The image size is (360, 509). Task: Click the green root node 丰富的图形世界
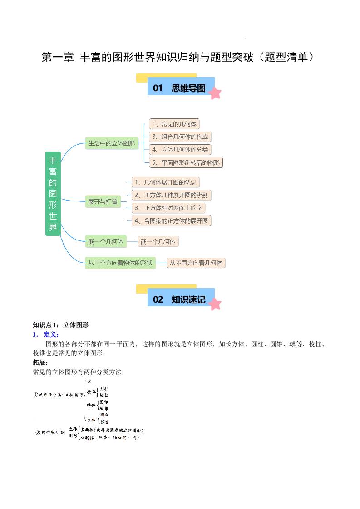(x=53, y=193)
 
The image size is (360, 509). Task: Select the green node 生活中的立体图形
(x=111, y=143)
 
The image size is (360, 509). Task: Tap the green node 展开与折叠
(x=103, y=201)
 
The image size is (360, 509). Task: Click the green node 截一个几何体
(x=105, y=241)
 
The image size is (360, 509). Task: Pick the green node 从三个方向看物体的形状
(x=120, y=263)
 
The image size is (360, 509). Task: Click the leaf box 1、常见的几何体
(x=174, y=124)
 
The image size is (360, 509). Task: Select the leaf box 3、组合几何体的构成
(x=181, y=137)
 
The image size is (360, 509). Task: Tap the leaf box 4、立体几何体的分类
(x=181, y=149)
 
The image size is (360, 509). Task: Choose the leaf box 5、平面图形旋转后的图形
(x=186, y=162)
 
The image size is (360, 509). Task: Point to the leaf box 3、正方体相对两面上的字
(x=168, y=208)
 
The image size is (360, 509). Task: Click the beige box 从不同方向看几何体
(x=196, y=263)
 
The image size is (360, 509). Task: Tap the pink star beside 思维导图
(x=215, y=93)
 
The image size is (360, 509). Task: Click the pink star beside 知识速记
(x=215, y=303)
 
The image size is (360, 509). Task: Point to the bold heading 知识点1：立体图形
(x=60, y=325)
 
